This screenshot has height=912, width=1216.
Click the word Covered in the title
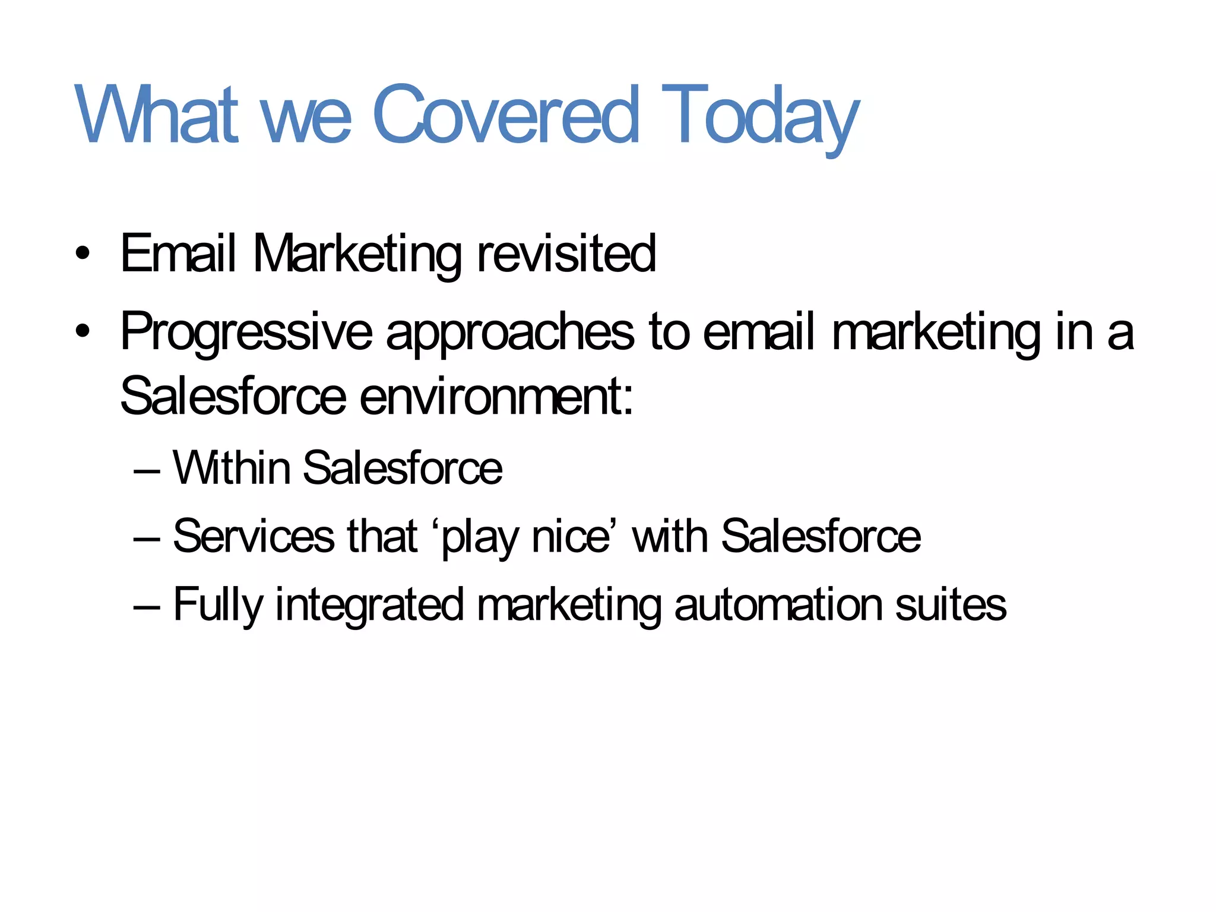pyautogui.click(x=506, y=115)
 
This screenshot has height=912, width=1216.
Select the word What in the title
pyautogui.click(x=156, y=115)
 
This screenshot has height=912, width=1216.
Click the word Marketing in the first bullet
pyautogui.click(x=357, y=254)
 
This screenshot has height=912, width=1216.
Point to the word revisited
pyautogui.click(x=566, y=254)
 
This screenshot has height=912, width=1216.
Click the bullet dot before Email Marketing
pyautogui.click(x=83, y=254)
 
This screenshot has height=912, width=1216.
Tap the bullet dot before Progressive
pyautogui.click(x=83, y=331)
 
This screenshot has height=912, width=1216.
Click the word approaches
pyautogui.click(x=510, y=332)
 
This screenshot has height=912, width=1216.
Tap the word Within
pyautogui.click(x=232, y=468)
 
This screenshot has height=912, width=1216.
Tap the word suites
pyautogui.click(x=951, y=605)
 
